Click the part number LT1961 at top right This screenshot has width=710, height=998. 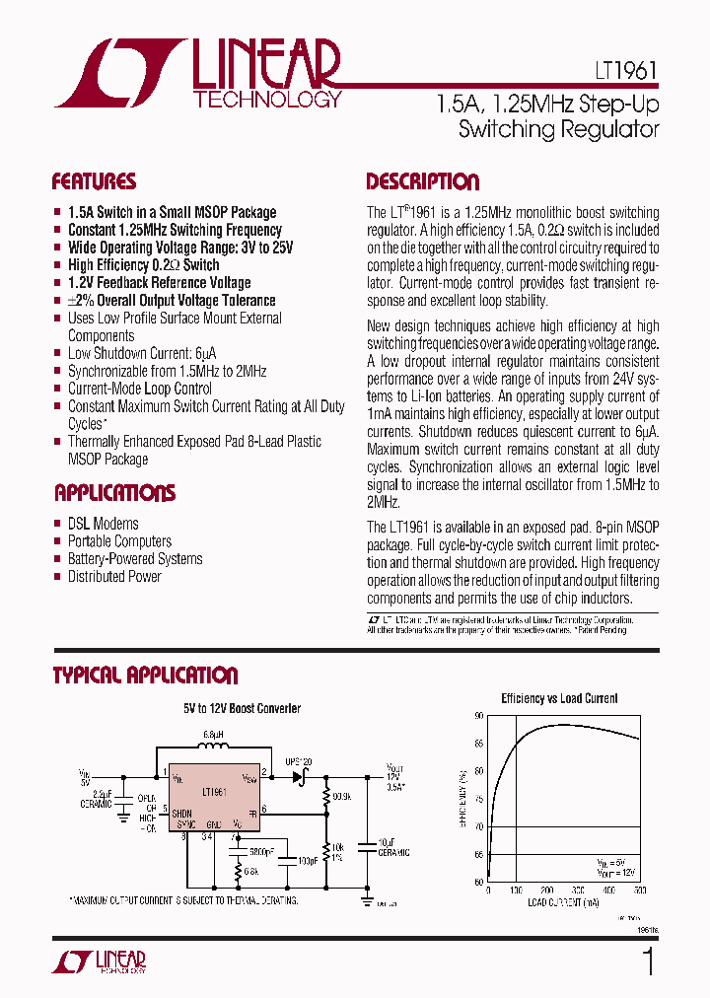click(625, 71)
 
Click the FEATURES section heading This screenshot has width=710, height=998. click(94, 181)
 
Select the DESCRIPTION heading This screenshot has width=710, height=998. click(422, 181)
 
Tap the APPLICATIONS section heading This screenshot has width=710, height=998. click(114, 493)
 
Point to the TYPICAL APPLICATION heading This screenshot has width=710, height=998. click(145, 676)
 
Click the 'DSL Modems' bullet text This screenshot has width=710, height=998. click(103, 524)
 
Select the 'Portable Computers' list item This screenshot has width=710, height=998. click(119, 541)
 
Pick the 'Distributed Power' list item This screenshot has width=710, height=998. click(114, 577)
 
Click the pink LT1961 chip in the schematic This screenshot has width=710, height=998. click(214, 797)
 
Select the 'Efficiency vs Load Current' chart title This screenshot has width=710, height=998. click(559, 698)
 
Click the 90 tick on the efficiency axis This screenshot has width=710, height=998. click(479, 716)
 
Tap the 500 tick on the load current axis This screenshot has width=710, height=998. click(639, 891)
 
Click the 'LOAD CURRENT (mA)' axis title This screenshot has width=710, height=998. click(563, 902)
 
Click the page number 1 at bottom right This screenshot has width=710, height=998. click(648, 962)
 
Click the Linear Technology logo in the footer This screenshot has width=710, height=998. click(99, 962)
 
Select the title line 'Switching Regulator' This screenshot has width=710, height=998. click(559, 129)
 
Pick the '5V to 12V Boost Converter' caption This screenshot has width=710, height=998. click(242, 709)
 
